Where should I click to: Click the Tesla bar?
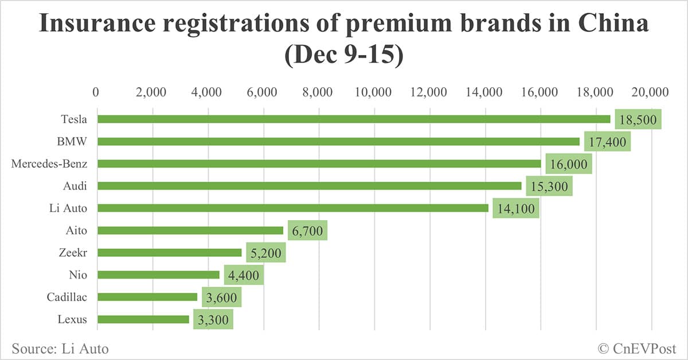pyautogui.click(x=353, y=119)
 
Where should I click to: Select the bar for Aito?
pyautogui.click(x=190, y=230)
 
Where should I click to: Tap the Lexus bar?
pyautogui.click(x=143, y=319)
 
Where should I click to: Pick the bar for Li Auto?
pyautogui.click(x=292, y=208)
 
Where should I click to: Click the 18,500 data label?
pyautogui.click(x=638, y=119)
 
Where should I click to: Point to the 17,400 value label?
pyautogui.click(x=607, y=141)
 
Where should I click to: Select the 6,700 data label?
pyautogui.click(x=307, y=230)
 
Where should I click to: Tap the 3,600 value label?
pyautogui.click(x=221, y=298)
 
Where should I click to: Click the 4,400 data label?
pyautogui.click(x=243, y=275)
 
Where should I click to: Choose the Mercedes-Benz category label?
pyautogui.click(x=49, y=164)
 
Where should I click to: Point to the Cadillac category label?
pyautogui.click(x=67, y=298)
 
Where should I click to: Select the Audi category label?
pyautogui.click(x=75, y=186)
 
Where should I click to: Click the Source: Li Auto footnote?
pyautogui.click(x=60, y=348)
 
